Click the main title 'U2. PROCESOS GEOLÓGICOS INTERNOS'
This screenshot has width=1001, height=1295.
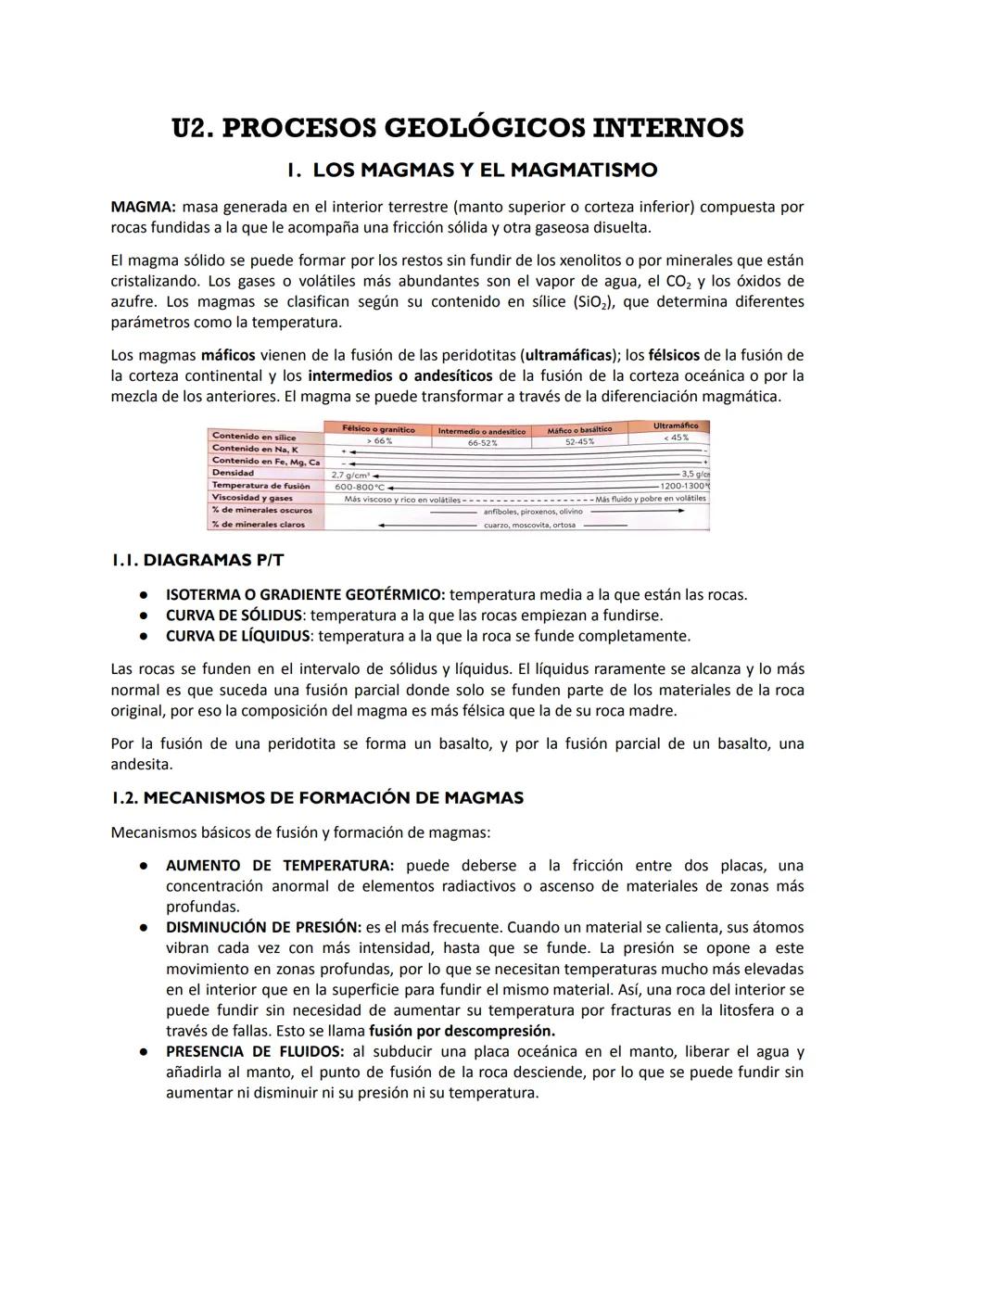pyautogui.click(x=458, y=128)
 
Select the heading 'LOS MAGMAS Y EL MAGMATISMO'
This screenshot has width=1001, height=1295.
pyautogui.click(x=485, y=171)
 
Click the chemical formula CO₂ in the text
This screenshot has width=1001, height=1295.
pyautogui.click(x=680, y=282)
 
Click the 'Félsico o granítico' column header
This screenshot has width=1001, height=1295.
pyautogui.click(x=378, y=429)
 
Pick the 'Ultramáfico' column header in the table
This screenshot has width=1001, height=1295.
pyautogui.click(x=676, y=425)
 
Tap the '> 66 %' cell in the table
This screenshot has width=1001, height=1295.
pyautogui.click(x=378, y=441)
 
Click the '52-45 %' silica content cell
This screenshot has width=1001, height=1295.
pyautogui.click(x=579, y=442)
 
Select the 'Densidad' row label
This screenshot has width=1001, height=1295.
pyautogui.click(x=233, y=473)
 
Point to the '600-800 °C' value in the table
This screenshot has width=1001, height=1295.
pyautogui.click(x=360, y=486)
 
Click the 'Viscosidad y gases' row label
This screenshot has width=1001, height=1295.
pyautogui.click(x=252, y=498)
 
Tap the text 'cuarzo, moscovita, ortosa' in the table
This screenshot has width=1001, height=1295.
pyautogui.click(x=529, y=525)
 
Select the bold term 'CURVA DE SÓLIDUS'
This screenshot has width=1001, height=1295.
pyautogui.click(x=234, y=616)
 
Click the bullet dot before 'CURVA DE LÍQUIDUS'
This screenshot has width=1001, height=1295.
pyautogui.click(x=145, y=637)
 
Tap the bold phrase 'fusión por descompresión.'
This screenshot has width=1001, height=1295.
pyautogui.click(x=462, y=1031)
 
